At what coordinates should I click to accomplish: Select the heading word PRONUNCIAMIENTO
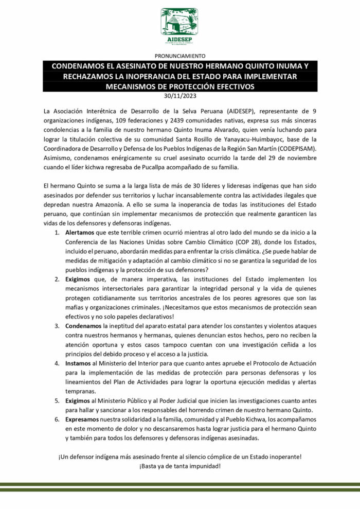[x=179, y=56]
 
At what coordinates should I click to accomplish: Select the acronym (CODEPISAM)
[x=309, y=149]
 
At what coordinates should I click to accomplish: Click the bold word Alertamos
[x=80, y=233]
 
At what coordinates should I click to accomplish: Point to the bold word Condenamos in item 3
[x=84, y=326]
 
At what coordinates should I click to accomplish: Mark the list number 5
[x=57, y=400]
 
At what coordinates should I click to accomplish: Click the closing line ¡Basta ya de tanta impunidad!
[x=179, y=466]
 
